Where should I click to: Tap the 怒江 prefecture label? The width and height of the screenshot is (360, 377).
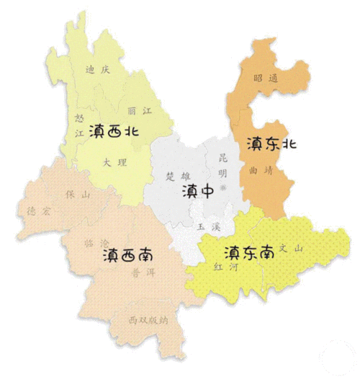78,123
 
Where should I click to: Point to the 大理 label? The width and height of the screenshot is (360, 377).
115,163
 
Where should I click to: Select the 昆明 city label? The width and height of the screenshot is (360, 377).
222,165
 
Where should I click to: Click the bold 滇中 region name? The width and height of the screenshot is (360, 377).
197,192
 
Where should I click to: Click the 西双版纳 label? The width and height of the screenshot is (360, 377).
148,319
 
